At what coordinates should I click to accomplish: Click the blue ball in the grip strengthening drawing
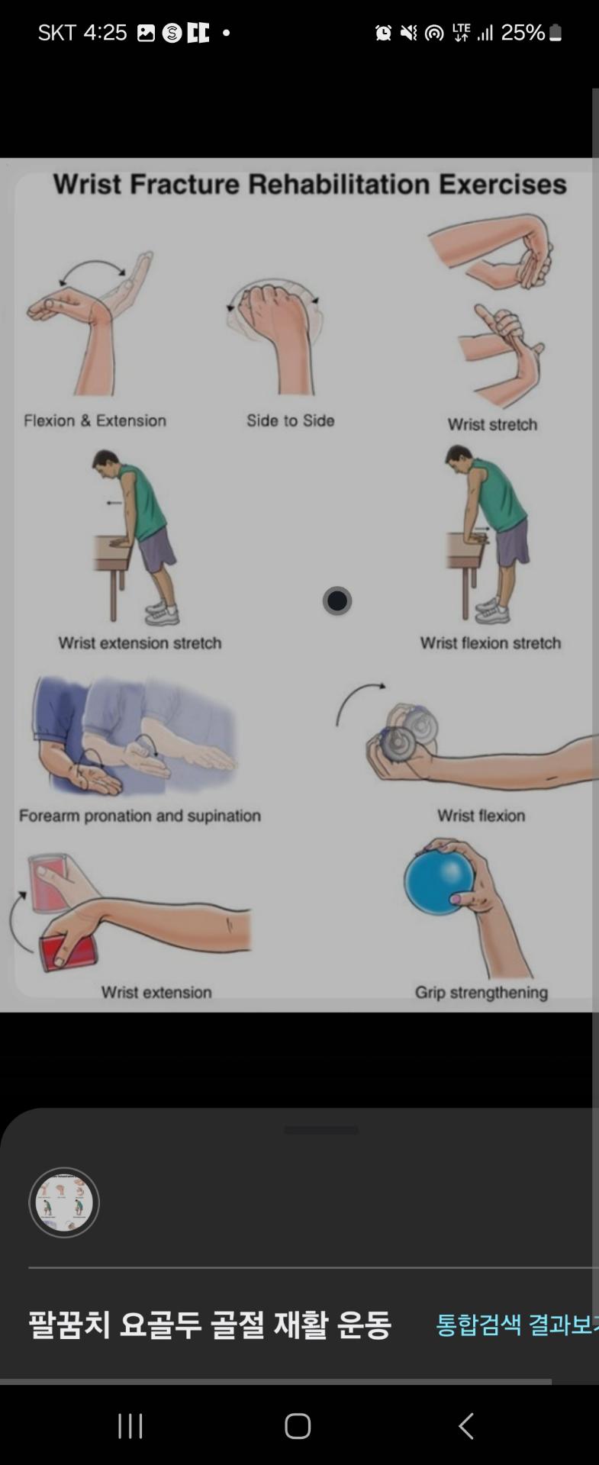click(x=439, y=881)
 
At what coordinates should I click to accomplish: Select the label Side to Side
click(x=291, y=420)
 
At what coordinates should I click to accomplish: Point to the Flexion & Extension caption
click(x=95, y=420)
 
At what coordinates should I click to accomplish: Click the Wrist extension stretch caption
click(x=140, y=643)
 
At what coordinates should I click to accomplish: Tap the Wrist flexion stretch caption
click(x=491, y=643)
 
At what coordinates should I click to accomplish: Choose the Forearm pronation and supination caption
click(x=140, y=816)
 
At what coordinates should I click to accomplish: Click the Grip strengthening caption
click(x=481, y=993)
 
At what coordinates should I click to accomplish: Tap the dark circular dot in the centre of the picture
click(x=337, y=600)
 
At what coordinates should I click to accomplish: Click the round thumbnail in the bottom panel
click(x=64, y=1203)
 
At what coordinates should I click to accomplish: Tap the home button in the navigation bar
click(x=298, y=1425)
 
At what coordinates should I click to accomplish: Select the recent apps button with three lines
click(x=130, y=1425)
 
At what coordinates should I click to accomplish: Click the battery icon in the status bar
click(x=556, y=33)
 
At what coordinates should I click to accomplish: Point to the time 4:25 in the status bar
click(x=105, y=33)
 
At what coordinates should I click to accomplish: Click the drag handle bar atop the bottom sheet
click(x=321, y=1130)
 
